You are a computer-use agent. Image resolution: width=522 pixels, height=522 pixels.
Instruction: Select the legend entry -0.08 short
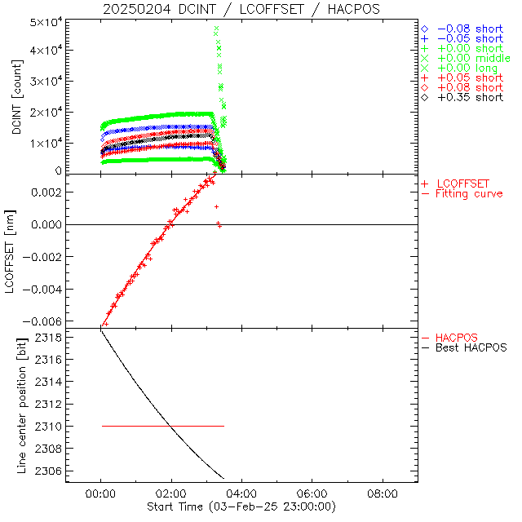(x=469, y=29)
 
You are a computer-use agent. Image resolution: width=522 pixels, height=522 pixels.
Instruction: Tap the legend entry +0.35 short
(x=469, y=97)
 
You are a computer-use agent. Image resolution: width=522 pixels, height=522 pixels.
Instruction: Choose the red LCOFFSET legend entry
(x=463, y=184)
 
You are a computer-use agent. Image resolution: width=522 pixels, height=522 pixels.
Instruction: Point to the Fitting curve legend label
(x=469, y=193)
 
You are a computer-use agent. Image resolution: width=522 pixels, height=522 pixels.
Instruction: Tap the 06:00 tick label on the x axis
(x=312, y=494)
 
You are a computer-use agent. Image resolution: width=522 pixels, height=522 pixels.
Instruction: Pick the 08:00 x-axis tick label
(x=383, y=494)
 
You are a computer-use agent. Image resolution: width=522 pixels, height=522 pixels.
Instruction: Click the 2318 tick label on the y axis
(x=51, y=337)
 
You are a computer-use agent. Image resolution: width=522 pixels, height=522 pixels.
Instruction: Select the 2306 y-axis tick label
(x=51, y=471)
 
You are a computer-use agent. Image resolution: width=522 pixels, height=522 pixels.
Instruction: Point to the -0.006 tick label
(x=45, y=321)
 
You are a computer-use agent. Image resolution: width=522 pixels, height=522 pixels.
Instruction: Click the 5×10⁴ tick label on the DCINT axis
(x=46, y=21)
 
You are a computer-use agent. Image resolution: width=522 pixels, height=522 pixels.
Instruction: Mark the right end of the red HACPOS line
(x=223, y=426)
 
